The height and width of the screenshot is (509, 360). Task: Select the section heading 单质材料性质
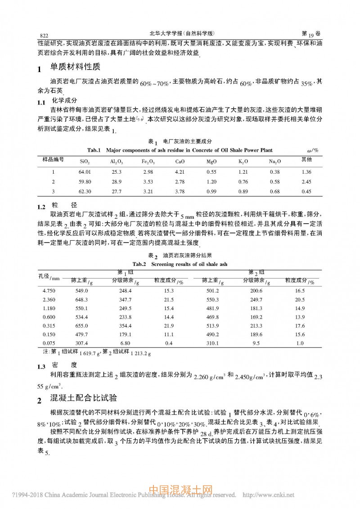click(75, 68)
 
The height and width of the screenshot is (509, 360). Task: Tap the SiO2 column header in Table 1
click(85, 161)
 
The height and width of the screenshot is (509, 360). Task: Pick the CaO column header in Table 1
click(180, 161)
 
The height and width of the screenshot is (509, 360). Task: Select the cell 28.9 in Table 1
click(117, 181)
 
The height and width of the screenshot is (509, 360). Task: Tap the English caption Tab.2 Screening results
click(180, 264)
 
